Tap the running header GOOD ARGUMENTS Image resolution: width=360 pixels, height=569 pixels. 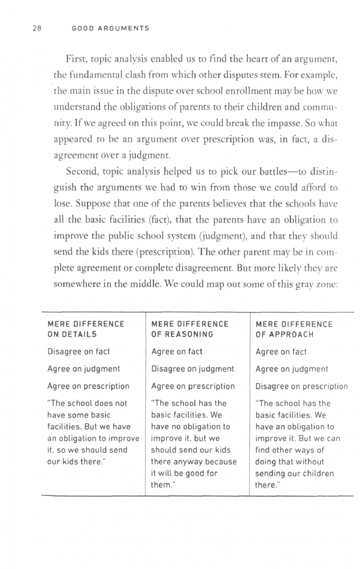111,28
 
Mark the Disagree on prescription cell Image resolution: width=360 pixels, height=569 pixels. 301,386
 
